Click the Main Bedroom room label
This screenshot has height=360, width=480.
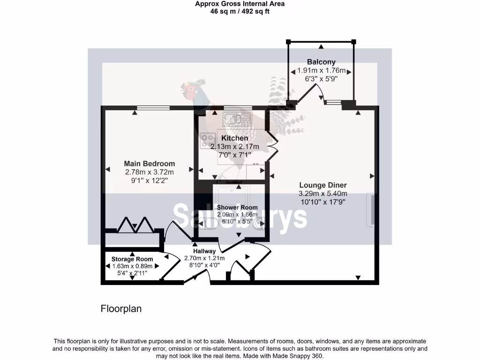pyautogui.click(x=149, y=164)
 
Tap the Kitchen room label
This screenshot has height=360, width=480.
pyautogui.click(x=235, y=138)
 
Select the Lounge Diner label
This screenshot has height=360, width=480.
pyautogui.click(x=323, y=186)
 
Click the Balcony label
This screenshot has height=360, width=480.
pyautogui.click(x=321, y=62)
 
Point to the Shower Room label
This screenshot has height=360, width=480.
pyautogui.click(x=237, y=207)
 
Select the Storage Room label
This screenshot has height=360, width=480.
pyautogui.click(x=132, y=259)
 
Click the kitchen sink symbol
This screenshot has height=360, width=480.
pyautogui.click(x=238, y=119)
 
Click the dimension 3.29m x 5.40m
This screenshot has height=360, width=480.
pyautogui.click(x=323, y=194)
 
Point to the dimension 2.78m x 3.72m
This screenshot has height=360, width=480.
pyautogui.click(x=149, y=172)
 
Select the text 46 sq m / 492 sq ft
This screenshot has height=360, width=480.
pyautogui.click(x=240, y=11)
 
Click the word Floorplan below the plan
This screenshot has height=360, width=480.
pyautogui.click(x=121, y=309)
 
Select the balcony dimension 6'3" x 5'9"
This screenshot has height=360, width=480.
pyautogui.click(x=321, y=79)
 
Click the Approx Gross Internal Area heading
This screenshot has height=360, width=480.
pyautogui.click(x=240, y=4)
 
